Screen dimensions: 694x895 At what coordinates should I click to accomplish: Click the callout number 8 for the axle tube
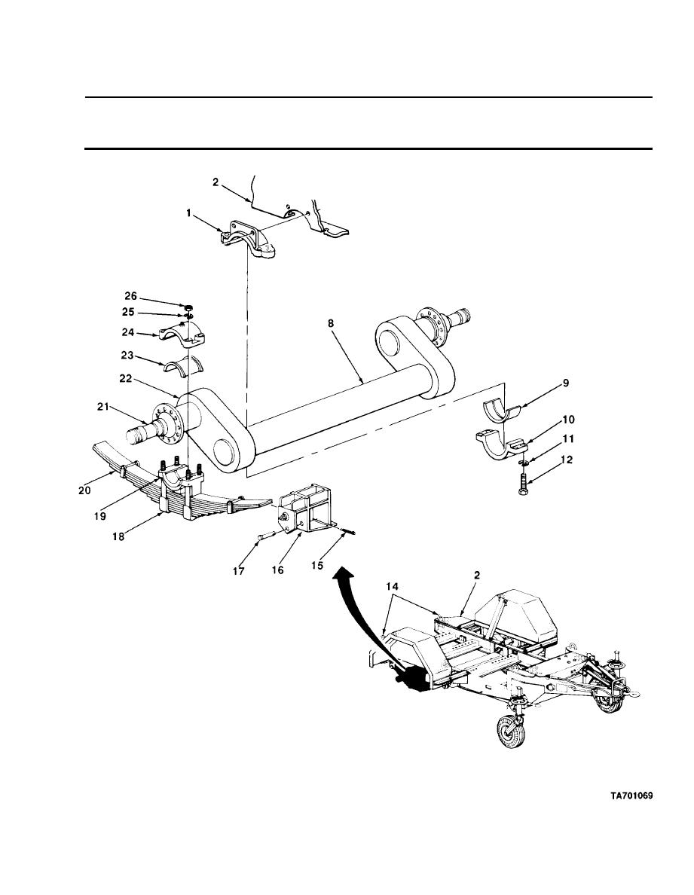(331, 323)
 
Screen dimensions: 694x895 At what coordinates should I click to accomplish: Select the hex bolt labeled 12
(524, 481)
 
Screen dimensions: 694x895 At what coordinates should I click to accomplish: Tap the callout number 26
(131, 296)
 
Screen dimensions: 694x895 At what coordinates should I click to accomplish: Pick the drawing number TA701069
(631, 796)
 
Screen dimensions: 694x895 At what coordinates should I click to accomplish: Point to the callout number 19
(100, 516)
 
